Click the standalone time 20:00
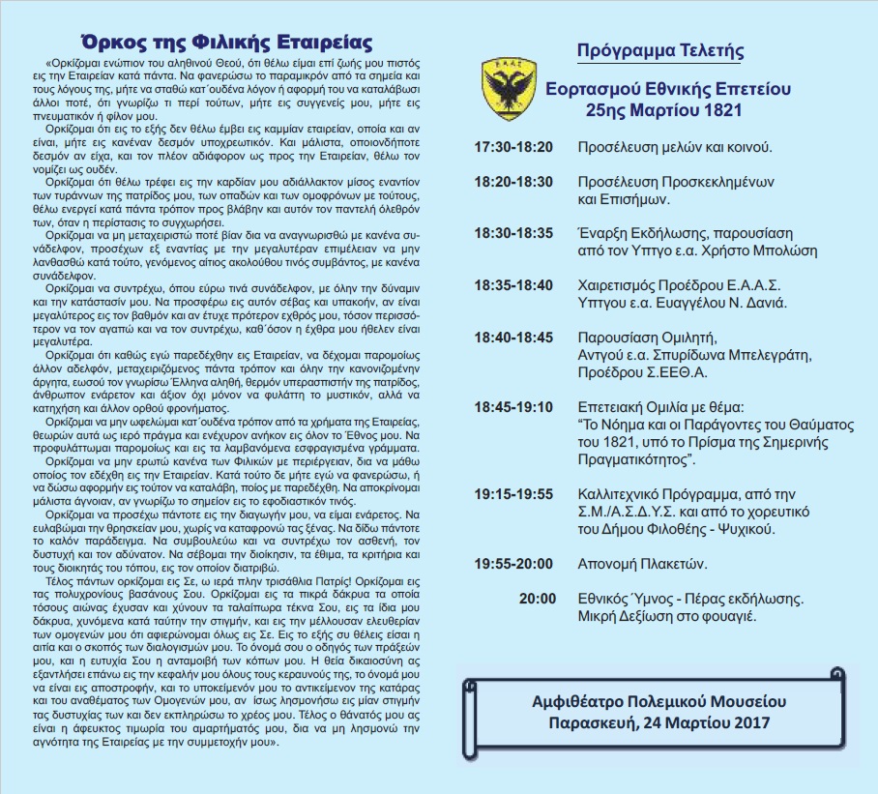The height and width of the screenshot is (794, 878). (537, 599)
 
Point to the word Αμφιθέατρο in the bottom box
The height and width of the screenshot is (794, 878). (579, 700)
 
